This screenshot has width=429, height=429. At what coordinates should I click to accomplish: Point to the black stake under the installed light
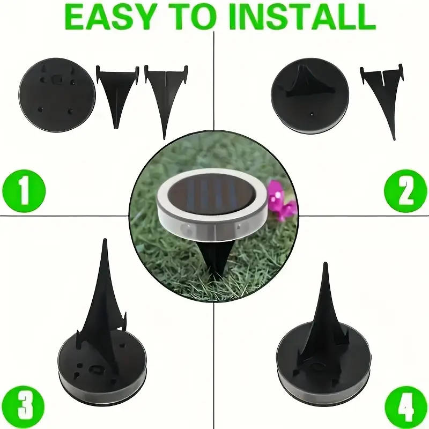(216, 261)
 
